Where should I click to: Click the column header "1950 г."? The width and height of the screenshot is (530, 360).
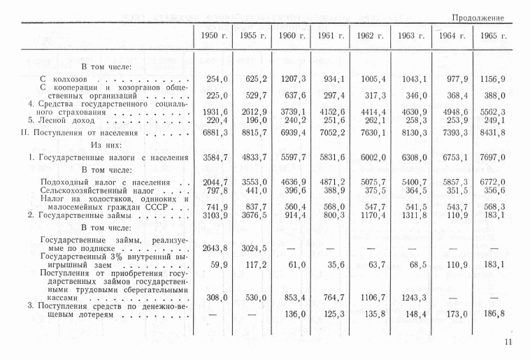point(212,36)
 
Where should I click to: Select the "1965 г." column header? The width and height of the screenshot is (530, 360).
point(489,36)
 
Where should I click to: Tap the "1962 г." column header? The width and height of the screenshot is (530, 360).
point(371,36)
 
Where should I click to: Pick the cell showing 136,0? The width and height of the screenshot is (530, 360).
point(294,314)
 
